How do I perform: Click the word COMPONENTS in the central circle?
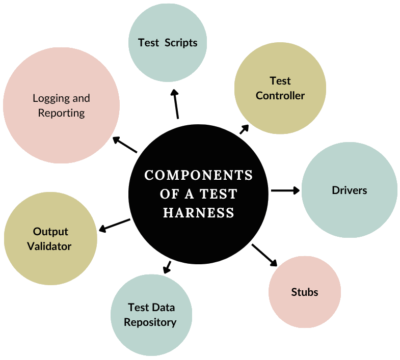click(199, 175)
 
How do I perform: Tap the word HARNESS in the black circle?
click(199, 213)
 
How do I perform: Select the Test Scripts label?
click(168, 42)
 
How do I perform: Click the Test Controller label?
click(280, 88)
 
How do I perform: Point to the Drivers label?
click(350, 190)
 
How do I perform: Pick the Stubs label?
click(305, 292)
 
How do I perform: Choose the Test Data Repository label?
click(151, 315)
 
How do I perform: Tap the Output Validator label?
click(50, 239)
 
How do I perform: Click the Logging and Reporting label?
click(61, 105)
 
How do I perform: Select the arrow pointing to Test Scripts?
click(176, 104)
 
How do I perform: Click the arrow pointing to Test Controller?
click(244, 129)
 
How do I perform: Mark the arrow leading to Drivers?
click(285, 190)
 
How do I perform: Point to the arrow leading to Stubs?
click(264, 255)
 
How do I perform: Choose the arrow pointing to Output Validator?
click(114, 225)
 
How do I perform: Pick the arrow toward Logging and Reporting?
click(125, 145)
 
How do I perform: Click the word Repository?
click(151, 322)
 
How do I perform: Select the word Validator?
click(49, 246)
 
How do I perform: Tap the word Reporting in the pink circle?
click(62, 113)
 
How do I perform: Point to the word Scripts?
click(181, 42)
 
